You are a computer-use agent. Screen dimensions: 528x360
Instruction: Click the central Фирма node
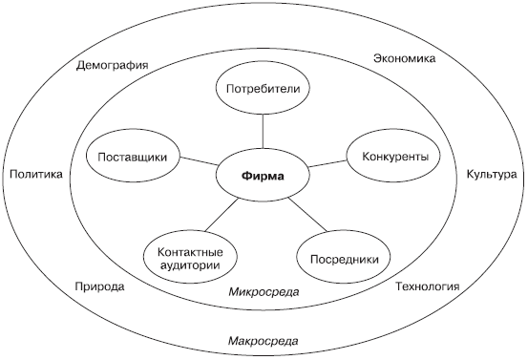point(264,177)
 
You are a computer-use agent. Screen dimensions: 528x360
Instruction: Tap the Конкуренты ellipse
point(392,157)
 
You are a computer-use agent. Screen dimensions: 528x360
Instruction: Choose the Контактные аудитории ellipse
point(190,253)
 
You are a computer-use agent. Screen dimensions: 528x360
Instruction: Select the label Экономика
point(403,58)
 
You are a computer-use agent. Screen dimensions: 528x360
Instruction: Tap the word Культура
point(491,175)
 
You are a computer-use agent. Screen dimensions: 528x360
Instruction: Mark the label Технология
point(427,286)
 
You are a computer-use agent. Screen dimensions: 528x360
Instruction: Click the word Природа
point(98,286)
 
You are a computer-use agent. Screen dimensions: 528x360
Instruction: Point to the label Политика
point(35,175)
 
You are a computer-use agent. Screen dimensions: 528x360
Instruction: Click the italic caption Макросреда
point(264,341)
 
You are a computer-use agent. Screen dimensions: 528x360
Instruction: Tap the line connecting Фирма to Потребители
point(264,133)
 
